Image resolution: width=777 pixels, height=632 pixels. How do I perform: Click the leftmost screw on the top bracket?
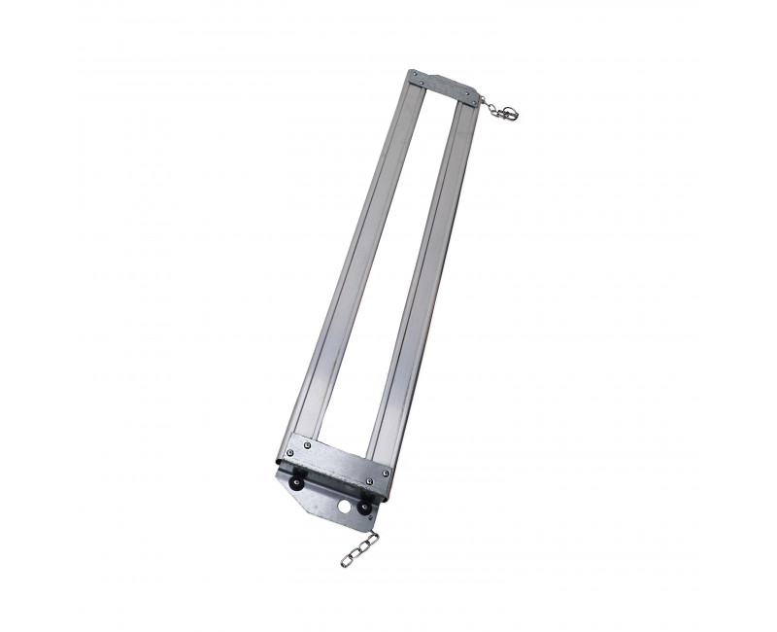click(415, 74)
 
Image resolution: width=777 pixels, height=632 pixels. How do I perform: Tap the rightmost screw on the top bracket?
click(474, 102)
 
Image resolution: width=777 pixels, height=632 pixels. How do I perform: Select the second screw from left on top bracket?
click(422, 83)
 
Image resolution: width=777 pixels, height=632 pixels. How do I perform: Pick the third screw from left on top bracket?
click(467, 93)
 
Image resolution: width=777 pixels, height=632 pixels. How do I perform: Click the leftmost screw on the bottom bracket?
click(290, 452)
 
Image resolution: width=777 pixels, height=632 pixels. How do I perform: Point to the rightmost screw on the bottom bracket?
click(386, 473)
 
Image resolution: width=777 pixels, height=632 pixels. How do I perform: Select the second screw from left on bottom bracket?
click(307, 444)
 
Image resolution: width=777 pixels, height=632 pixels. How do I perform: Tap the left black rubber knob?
click(296, 481)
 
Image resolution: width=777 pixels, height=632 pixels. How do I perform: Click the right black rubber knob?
click(364, 507)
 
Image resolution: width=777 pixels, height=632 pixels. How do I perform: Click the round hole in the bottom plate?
click(344, 507)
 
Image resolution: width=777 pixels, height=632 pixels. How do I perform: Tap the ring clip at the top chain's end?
click(511, 113)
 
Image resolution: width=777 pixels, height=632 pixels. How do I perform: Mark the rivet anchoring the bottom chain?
click(370, 517)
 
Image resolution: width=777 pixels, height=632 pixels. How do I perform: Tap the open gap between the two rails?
click(393, 272)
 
